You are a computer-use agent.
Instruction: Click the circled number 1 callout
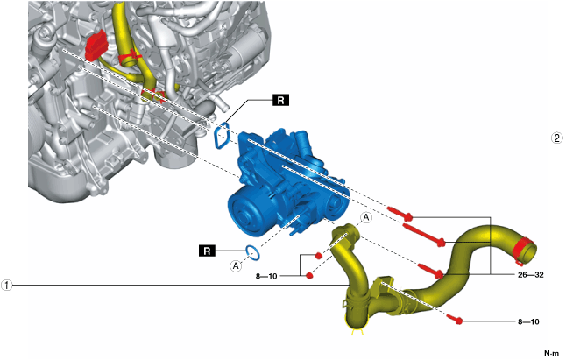(x=8, y=284)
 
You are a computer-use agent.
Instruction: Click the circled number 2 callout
(x=556, y=138)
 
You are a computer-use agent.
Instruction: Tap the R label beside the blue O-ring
(x=208, y=251)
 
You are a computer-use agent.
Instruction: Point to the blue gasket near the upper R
(x=223, y=136)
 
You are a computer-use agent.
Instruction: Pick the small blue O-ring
(x=254, y=254)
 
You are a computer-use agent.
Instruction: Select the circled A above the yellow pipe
(x=366, y=216)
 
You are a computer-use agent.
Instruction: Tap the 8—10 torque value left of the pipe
(x=266, y=276)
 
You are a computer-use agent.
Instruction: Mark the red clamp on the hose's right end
(x=524, y=250)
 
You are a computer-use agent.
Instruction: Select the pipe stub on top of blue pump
(x=295, y=138)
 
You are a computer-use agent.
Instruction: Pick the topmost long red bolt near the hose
(x=400, y=213)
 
